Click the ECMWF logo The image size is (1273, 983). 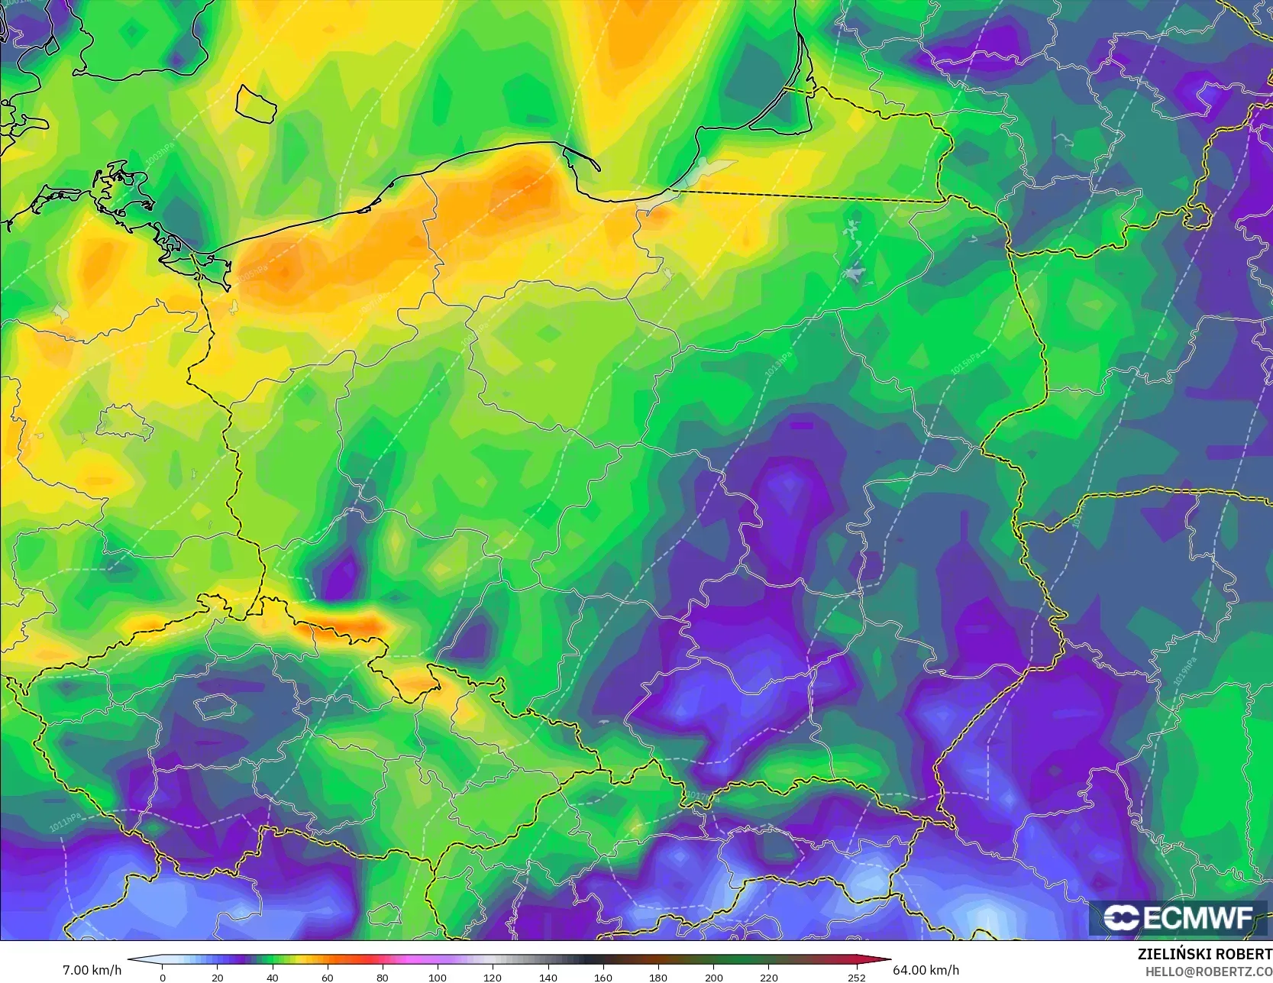[x=1178, y=918]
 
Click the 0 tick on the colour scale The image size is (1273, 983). [x=163, y=977]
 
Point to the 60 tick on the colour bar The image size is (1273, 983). [x=328, y=977]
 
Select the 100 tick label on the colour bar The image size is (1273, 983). [x=438, y=977]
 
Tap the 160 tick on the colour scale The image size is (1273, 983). [x=603, y=977]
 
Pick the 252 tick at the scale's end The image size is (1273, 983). [x=857, y=977]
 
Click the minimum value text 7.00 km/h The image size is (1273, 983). [x=92, y=970]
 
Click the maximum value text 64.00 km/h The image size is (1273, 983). [x=926, y=970]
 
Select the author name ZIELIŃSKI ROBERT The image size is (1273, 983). [x=1204, y=955]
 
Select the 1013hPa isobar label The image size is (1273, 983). [x=778, y=364]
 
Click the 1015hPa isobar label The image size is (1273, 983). [x=964, y=364]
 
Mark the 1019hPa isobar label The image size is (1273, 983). [x=1184, y=671]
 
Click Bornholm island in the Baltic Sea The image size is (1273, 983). [x=256, y=104]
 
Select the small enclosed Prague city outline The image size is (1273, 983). [x=215, y=707]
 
